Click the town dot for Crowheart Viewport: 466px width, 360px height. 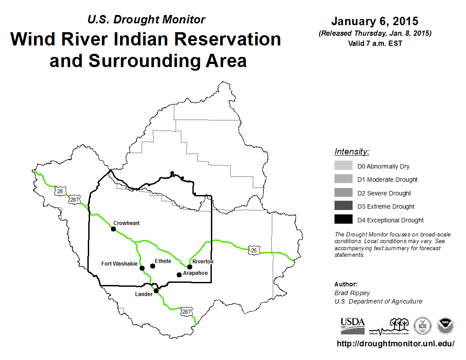pyautogui.click(x=113, y=229)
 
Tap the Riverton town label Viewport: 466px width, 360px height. pyautogui.click(x=203, y=261)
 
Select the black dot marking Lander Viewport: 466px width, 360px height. pyautogui.click(x=156, y=290)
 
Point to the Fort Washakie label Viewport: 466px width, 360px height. pyautogui.click(x=120, y=264)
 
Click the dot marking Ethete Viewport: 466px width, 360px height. pyautogui.click(x=152, y=266)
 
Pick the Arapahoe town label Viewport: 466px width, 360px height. pyautogui.click(x=195, y=273)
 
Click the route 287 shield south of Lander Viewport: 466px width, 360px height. pyautogui.click(x=187, y=311)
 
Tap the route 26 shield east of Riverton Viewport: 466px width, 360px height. pyautogui.click(x=254, y=250)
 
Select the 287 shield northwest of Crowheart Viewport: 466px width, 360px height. pyautogui.click(x=74, y=199)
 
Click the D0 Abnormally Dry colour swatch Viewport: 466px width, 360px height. pyautogui.click(x=343, y=165)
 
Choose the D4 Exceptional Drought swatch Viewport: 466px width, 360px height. pyautogui.click(x=343, y=219)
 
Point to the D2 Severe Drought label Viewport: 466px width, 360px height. pyautogui.click(x=384, y=193)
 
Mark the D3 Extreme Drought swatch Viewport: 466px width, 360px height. pyautogui.click(x=343, y=206)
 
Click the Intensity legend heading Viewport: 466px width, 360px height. pyautogui.click(x=352, y=151)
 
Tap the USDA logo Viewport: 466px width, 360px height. pyautogui.click(x=353, y=326)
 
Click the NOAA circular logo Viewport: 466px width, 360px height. pyautogui.click(x=445, y=326)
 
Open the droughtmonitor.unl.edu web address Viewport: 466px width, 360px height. pyautogui.click(x=395, y=344)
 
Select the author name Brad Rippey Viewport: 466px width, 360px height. pyautogui.click(x=352, y=293)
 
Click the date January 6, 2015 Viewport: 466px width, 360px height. pyautogui.click(x=375, y=21)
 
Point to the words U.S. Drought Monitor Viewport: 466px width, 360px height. pyautogui.click(x=146, y=19)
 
